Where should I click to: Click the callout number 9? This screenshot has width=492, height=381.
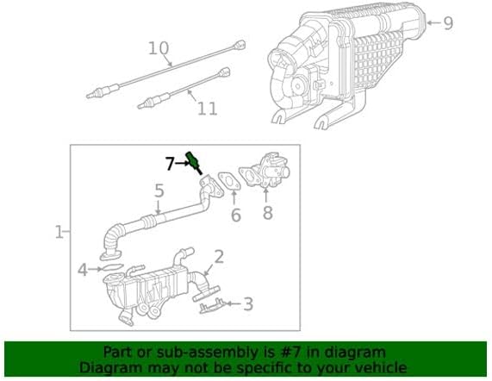[447, 23]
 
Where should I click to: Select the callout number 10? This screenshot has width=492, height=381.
[158, 48]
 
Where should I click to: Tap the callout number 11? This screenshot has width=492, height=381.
[207, 109]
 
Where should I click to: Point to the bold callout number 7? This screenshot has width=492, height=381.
[170, 162]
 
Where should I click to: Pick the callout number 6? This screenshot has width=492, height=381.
[235, 215]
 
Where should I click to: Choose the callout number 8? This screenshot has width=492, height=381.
[267, 212]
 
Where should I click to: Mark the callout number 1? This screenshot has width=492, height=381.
[59, 232]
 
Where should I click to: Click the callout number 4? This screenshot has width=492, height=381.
[83, 270]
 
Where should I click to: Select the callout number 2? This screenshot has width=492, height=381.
[219, 256]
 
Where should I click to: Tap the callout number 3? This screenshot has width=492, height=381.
[248, 303]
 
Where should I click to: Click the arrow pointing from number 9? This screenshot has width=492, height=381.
[430, 22]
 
